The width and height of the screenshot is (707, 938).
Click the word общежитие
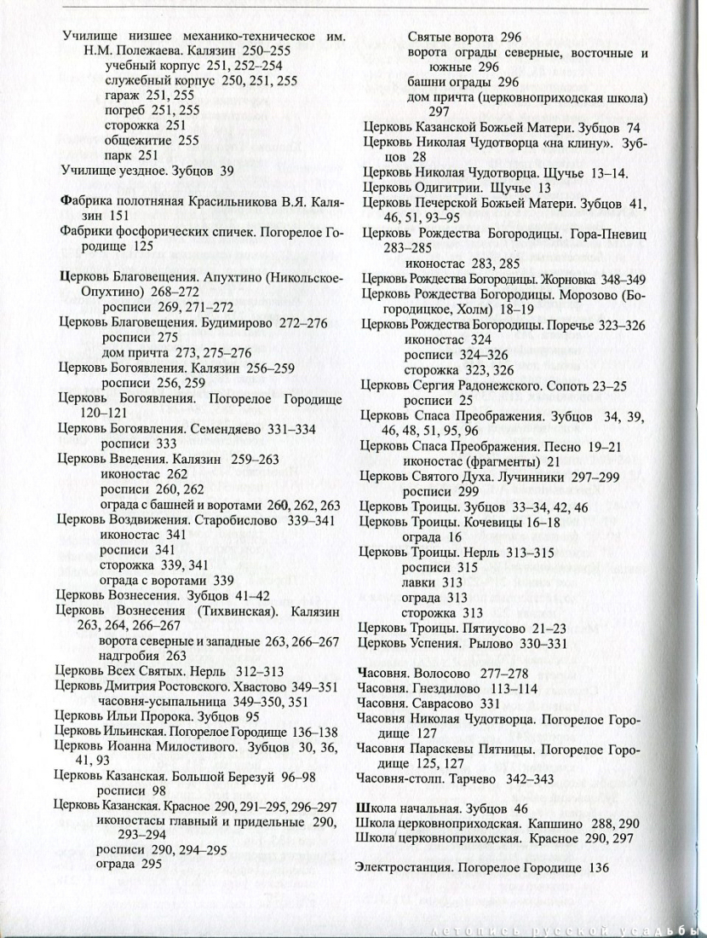click(136, 141)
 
